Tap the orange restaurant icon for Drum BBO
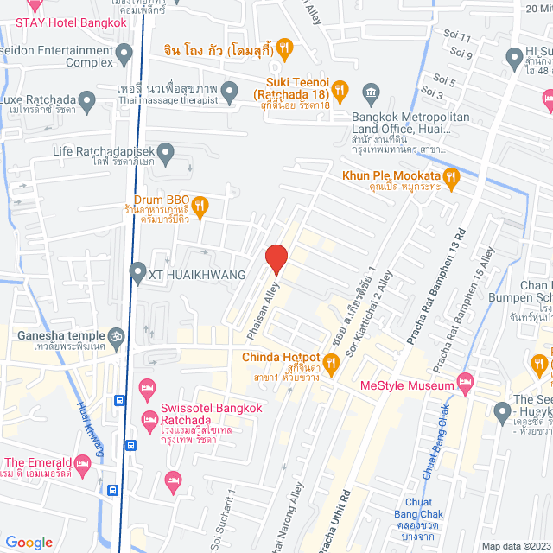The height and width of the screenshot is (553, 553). click(200, 206)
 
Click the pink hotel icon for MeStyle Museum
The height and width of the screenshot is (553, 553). click(466, 381)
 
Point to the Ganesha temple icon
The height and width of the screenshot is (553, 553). click(118, 335)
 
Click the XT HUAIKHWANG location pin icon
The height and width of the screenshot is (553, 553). click(137, 274)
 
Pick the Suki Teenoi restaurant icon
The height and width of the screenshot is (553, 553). click(341, 88)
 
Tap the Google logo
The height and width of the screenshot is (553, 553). click(29, 542)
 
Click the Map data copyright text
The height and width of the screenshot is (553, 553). click(516, 546)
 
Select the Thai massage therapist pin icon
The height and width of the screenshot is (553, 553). click(230, 91)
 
